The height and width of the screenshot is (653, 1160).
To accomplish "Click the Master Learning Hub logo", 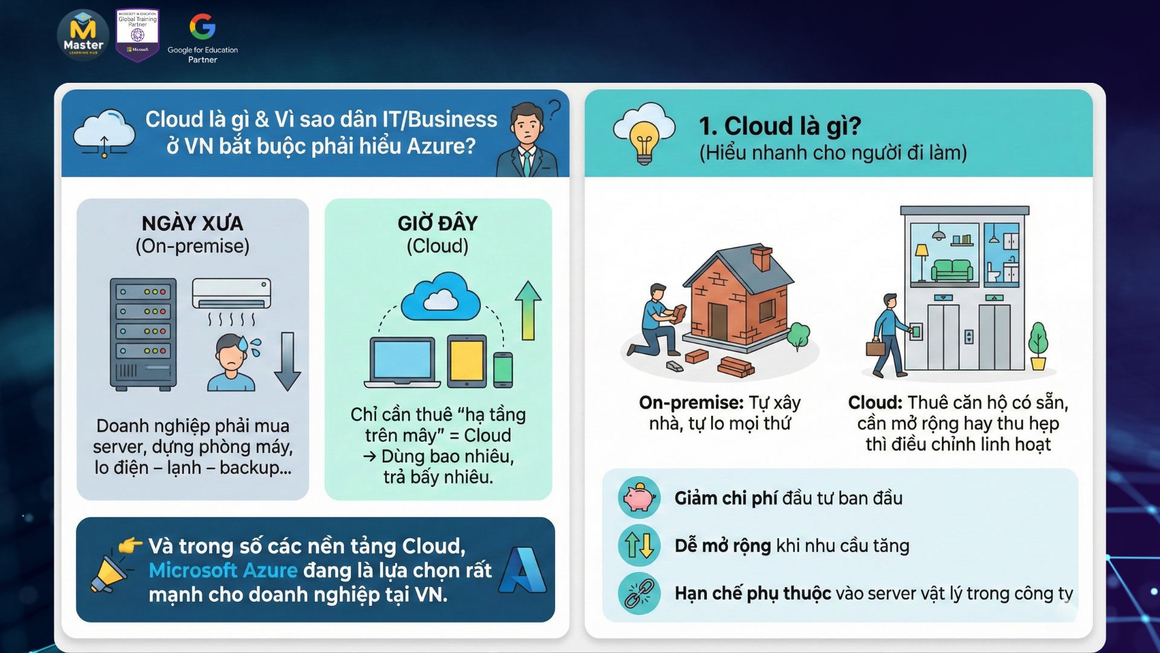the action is [83, 35].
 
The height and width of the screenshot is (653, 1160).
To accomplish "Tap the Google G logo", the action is [202, 27].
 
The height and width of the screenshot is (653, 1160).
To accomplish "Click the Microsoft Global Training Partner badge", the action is [138, 34].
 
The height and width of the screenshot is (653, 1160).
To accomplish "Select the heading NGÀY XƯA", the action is [192, 223].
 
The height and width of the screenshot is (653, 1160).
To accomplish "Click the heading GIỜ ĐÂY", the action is [437, 223].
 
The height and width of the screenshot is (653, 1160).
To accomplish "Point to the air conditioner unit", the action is [231, 294].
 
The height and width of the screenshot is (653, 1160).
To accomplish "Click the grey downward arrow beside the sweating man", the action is [288, 362].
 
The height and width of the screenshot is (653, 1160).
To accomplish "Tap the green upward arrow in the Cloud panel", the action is [528, 310].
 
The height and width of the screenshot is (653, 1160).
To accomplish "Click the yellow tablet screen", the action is [466, 361].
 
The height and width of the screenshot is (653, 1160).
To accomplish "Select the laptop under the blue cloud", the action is [402, 362].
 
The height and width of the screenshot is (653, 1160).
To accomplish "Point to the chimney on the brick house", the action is [761, 258].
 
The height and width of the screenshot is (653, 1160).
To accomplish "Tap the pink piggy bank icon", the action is [639, 498].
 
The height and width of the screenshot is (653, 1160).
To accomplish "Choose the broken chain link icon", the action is [639, 593].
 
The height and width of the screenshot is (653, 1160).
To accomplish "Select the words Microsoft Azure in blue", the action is [223, 570].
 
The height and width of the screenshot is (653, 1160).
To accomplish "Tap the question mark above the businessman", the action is [554, 110].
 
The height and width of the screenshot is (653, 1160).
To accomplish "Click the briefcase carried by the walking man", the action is [875, 348].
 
